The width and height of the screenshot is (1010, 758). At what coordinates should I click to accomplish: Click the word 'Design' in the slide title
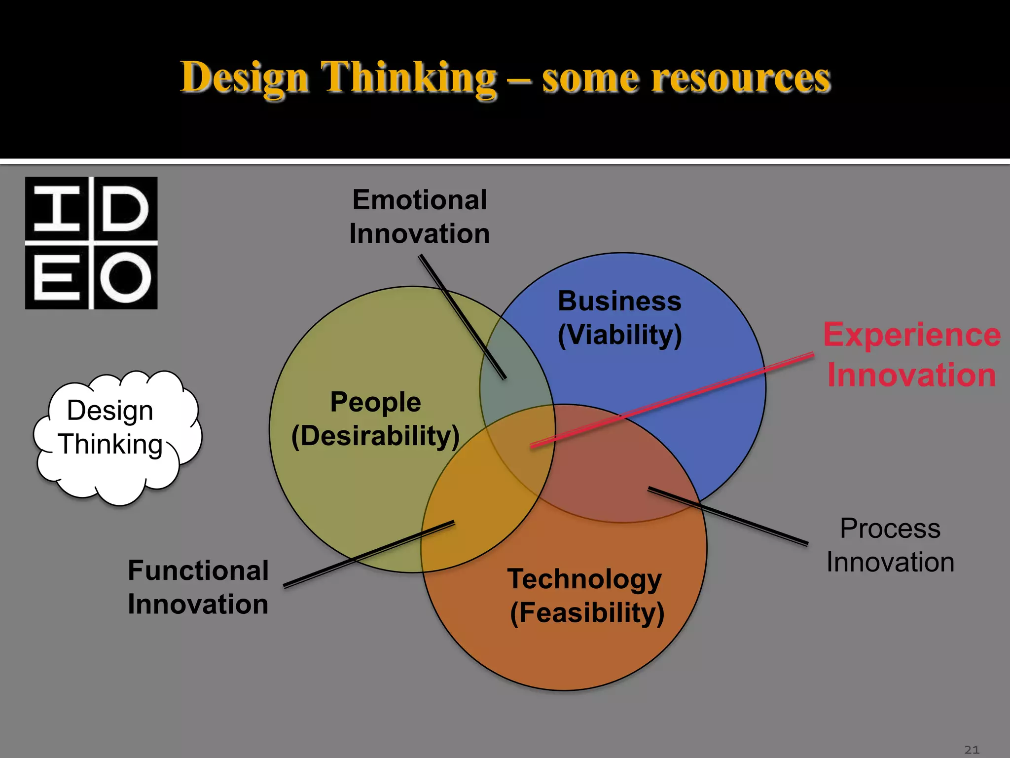coord(245,78)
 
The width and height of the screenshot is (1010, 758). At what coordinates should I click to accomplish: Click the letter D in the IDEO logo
coord(125,209)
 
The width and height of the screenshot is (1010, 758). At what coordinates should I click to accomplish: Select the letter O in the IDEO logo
coord(125,278)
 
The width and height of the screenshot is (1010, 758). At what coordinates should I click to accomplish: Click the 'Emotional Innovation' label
coord(419,217)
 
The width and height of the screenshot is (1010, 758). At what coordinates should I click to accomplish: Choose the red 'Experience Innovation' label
coord(912,354)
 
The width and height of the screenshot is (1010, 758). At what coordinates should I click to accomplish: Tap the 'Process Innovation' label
coord(890,545)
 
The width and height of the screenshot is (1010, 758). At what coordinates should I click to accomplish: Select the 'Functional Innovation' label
coord(198,587)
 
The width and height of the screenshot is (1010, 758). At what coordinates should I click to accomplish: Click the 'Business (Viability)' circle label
coord(619,318)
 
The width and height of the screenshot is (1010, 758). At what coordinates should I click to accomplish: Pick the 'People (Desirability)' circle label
coord(375,418)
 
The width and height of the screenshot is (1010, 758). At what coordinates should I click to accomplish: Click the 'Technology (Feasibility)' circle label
coord(586,596)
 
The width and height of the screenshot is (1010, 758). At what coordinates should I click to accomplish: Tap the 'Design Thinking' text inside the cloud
coord(110,427)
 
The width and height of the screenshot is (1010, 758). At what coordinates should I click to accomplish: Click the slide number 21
coord(972,750)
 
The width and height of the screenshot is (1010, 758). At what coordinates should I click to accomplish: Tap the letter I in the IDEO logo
coord(57,209)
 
